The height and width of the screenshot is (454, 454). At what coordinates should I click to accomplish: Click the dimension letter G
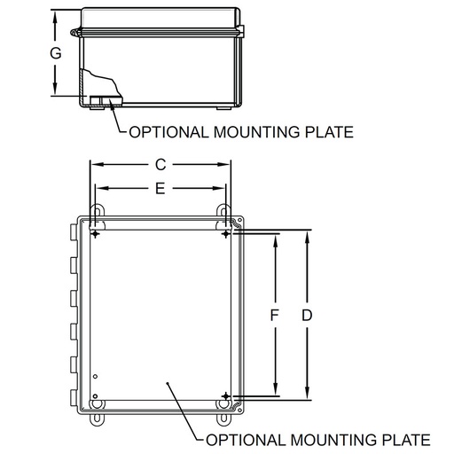55,53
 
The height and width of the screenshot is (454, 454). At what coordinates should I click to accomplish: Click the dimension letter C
160,164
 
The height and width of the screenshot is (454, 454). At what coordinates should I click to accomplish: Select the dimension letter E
160,188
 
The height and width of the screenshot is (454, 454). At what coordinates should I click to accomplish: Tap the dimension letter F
275,316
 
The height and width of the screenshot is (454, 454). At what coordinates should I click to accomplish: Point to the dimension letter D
307,316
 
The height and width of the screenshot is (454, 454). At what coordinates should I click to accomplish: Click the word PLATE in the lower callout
403,440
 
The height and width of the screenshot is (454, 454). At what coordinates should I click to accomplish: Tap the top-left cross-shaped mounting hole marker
95,233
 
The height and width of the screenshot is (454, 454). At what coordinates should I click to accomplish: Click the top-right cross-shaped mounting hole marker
226,233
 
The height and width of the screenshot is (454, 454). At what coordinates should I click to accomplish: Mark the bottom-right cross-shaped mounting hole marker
226,395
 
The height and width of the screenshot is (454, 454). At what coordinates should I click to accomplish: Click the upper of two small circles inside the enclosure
96,379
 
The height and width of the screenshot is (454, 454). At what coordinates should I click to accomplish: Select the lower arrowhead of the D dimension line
307,397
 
